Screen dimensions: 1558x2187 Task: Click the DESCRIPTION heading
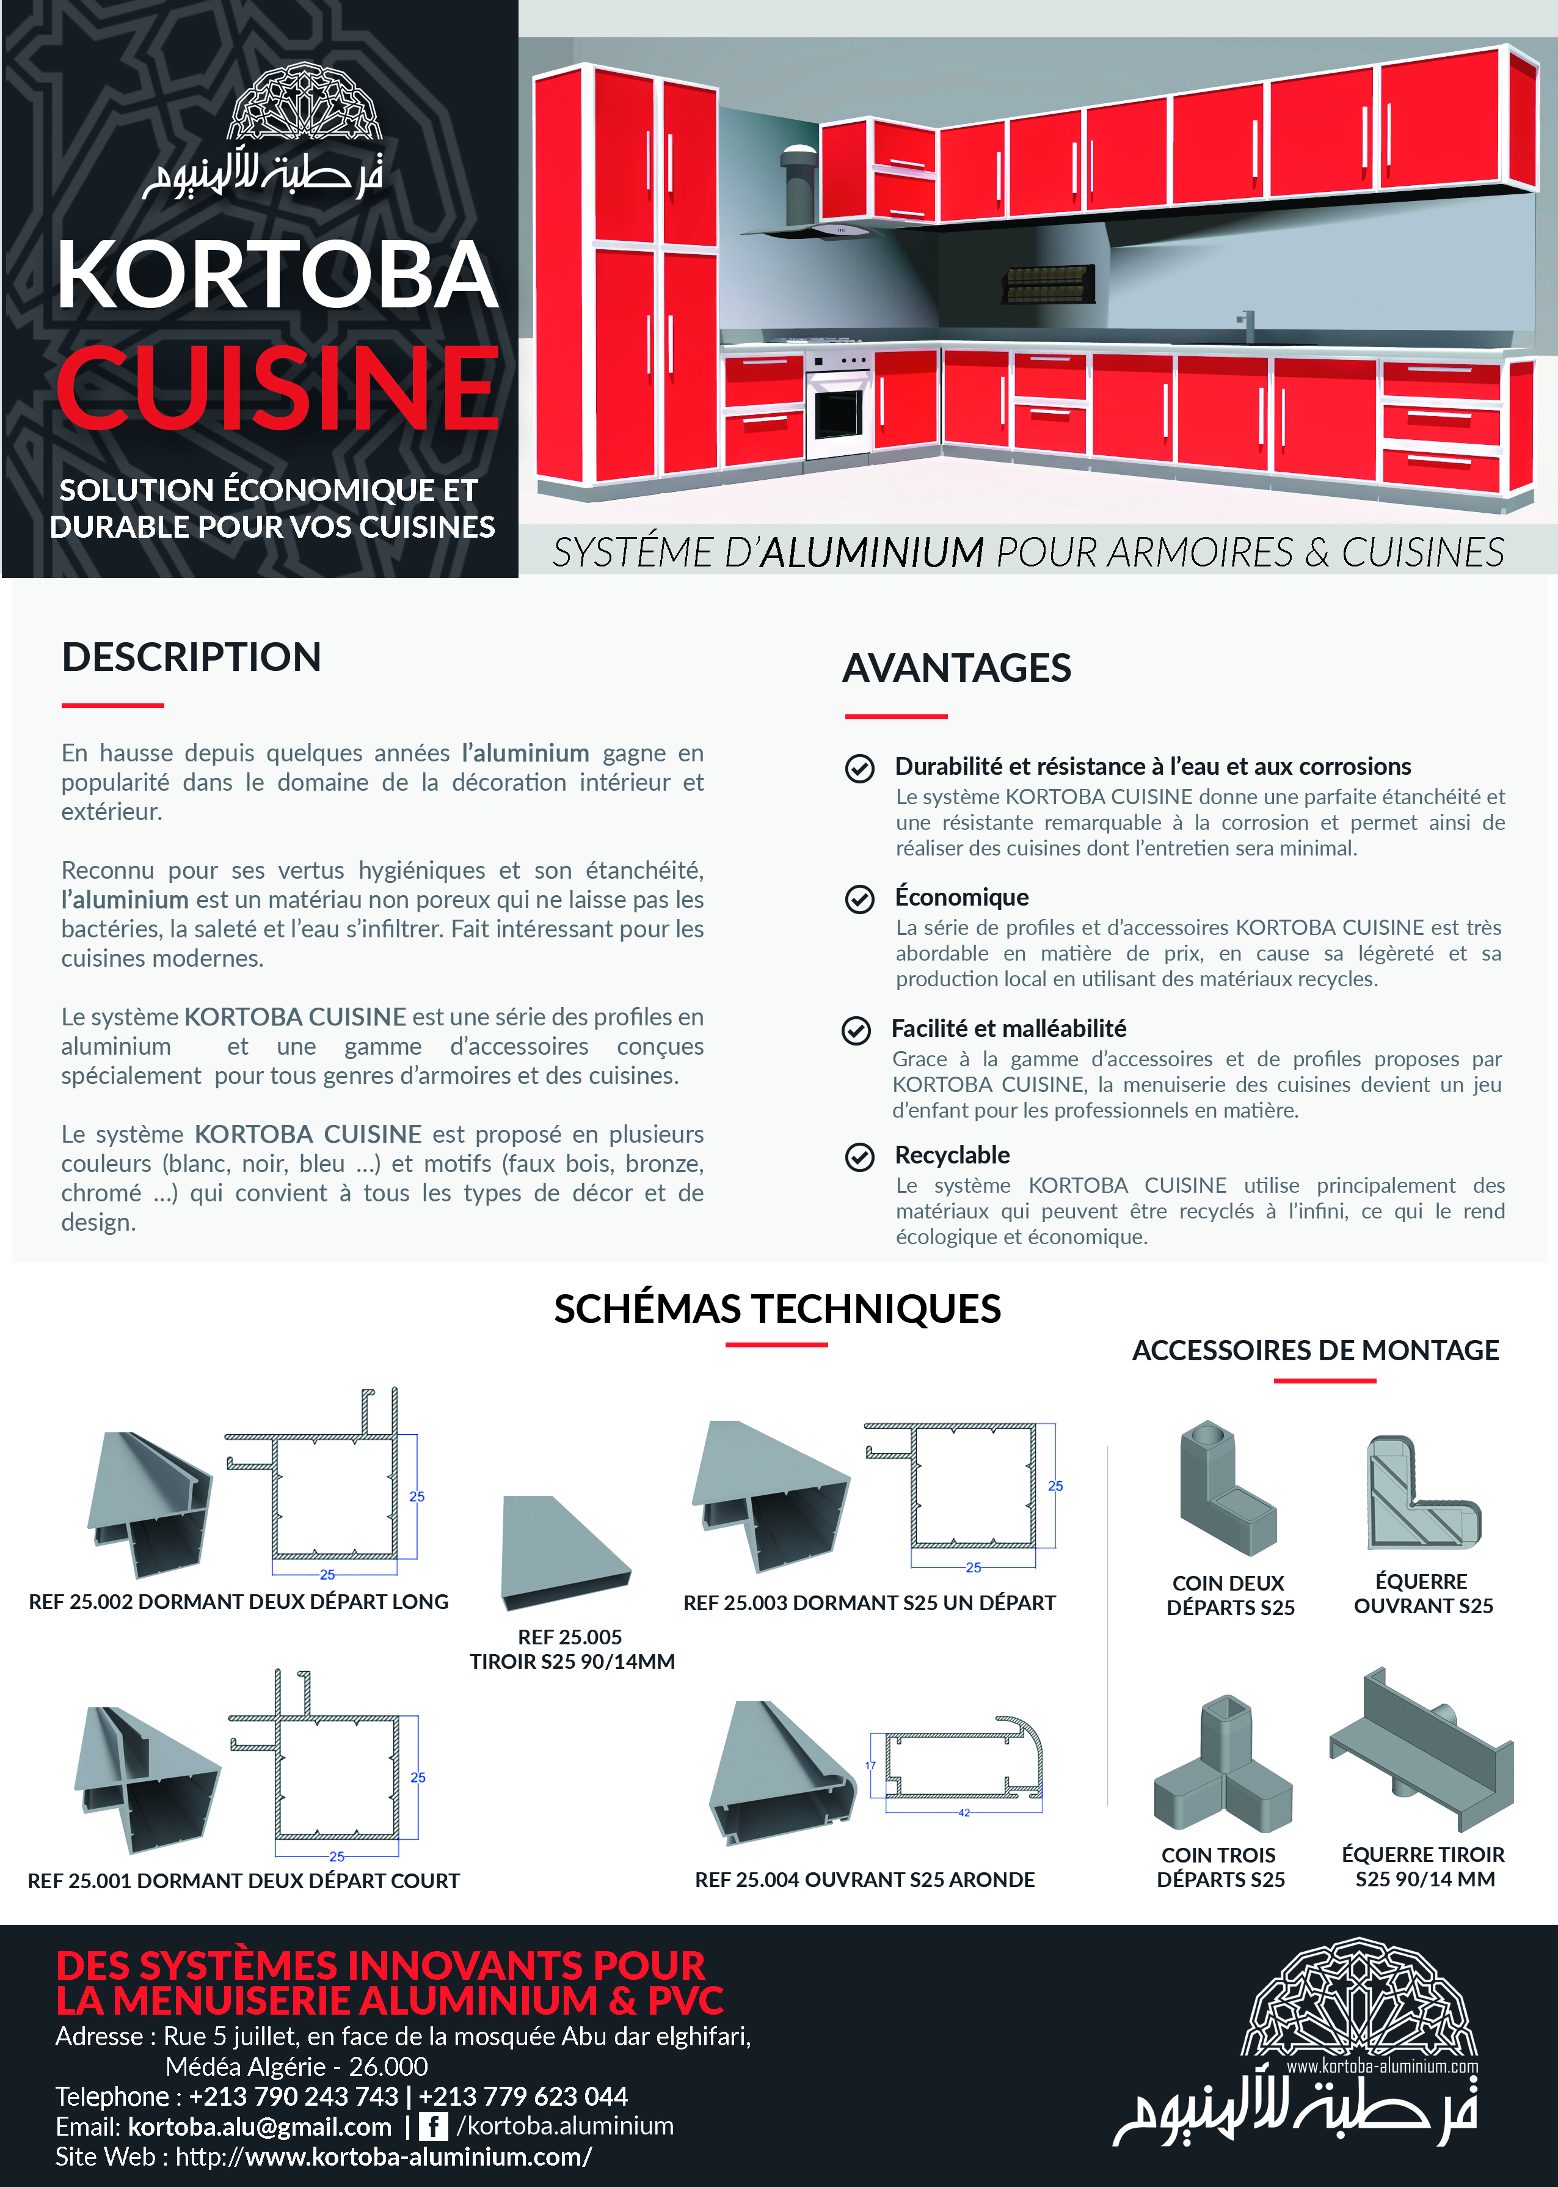click(192, 658)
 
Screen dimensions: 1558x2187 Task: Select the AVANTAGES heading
click(956, 668)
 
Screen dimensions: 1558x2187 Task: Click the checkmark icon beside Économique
click(859, 898)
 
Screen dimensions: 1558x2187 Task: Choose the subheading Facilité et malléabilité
click(1008, 1028)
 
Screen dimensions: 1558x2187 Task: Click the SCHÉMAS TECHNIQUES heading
click(777, 1309)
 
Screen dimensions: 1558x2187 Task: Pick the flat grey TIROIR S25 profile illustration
click(565, 1551)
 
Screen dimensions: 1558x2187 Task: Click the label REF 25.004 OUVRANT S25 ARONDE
click(864, 1879)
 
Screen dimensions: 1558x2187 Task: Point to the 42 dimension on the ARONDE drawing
click(964, 1813)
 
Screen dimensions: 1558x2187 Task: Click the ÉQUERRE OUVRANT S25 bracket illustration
click(1423, 1492)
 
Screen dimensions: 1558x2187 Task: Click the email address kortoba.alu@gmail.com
click(260, 2127)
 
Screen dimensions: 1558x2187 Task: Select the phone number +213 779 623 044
click(523, 2096)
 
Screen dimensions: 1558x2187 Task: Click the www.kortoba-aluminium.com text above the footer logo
click(1381, 2066)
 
